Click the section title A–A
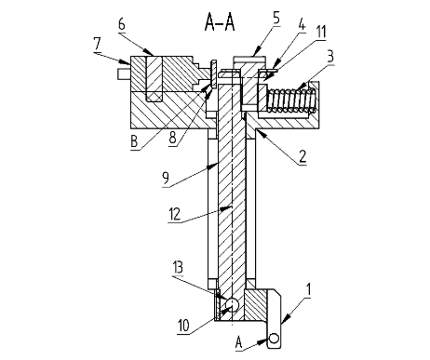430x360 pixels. [220, 23]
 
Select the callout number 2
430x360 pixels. [302, 157]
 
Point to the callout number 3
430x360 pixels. [330, 57]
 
